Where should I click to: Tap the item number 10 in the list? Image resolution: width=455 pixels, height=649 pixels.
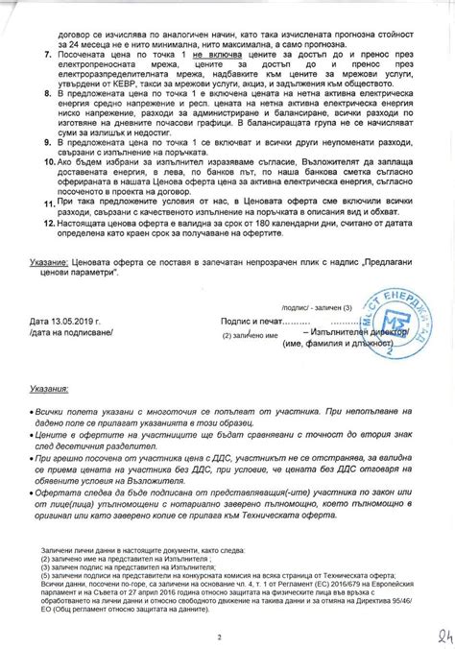35,163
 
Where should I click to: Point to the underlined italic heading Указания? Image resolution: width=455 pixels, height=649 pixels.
49,391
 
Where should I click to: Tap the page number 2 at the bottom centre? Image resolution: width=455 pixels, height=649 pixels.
220,611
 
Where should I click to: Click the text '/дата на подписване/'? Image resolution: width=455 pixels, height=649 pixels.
72,332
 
